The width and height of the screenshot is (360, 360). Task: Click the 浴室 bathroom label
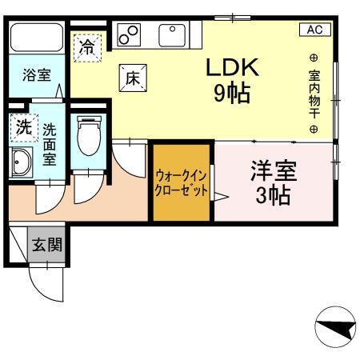coord(36,77)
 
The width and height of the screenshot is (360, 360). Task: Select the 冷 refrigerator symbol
coord(86,47)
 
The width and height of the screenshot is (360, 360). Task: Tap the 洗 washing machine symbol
coord(24,126)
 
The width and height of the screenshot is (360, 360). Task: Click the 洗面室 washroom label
coord(50,143)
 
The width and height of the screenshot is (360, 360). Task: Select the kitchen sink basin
coord(172,34)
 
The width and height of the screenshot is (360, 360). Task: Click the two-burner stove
coord(130,34)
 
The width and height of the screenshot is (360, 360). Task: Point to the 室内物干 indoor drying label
coord(314,92)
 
